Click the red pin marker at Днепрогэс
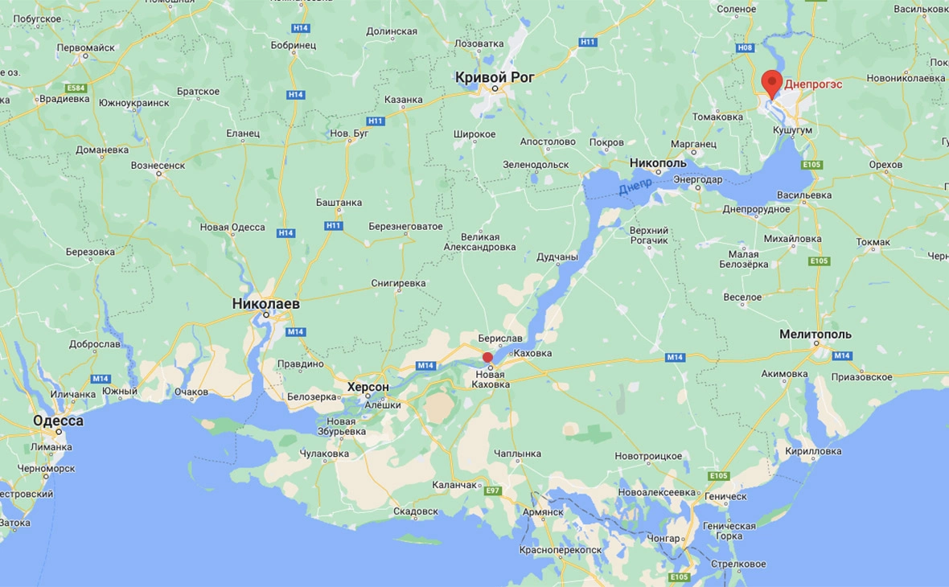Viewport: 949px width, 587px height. [772, 82]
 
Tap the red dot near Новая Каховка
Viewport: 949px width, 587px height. [487, 358]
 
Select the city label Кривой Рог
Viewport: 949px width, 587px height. [495, 77]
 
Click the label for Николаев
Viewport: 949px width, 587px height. [265, 304]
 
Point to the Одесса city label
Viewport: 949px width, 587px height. [58, 421]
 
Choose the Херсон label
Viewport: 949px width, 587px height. [368, 387]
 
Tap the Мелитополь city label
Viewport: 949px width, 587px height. [815, 334]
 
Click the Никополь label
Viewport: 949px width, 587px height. [658, 162]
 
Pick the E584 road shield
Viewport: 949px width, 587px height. [76, 87]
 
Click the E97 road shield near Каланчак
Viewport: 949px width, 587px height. [492, 491]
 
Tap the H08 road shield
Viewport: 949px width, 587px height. [745, 47]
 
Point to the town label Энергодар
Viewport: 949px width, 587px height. [697, 179]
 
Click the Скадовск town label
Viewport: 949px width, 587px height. [416, 511]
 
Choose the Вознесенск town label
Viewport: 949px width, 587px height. [158, 165]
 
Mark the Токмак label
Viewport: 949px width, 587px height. [873, 242]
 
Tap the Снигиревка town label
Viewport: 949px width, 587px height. [398, 283]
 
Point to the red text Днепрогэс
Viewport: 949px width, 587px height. [814, 83]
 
